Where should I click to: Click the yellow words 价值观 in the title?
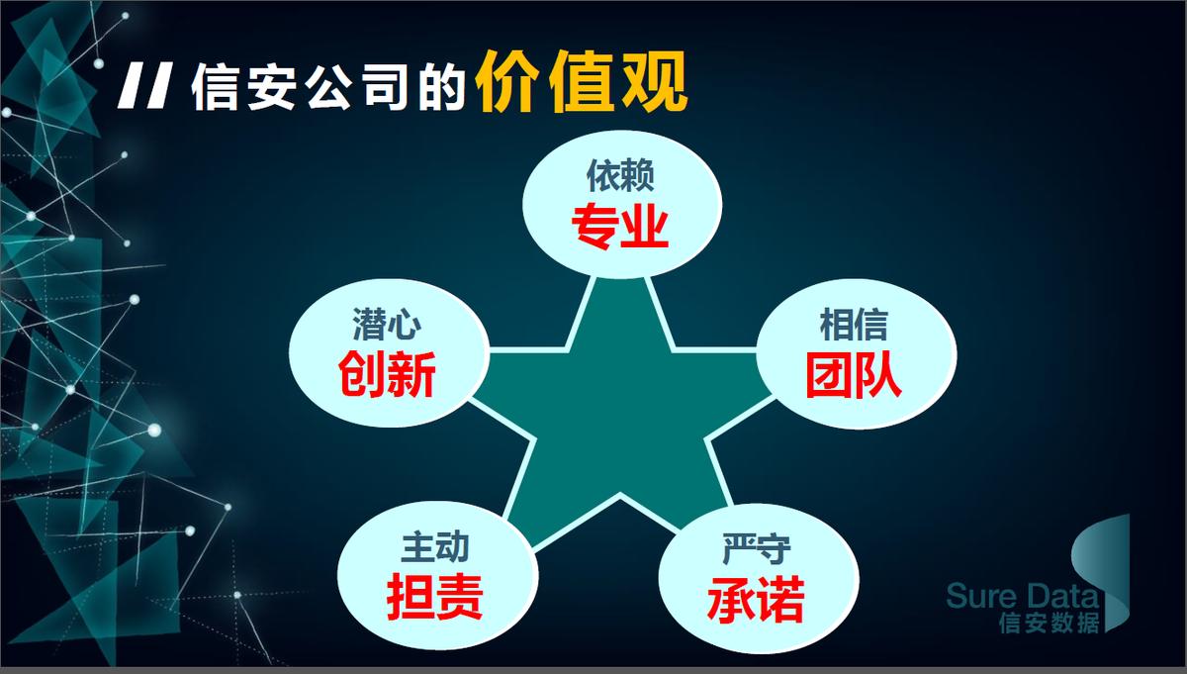(581, 82)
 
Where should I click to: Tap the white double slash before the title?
(145, 86)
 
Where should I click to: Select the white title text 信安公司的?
(328, 87)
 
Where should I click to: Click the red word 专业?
(620, 228)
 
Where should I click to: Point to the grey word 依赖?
(620, 175)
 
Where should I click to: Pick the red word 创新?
(387, 374)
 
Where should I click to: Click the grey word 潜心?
(387, 324)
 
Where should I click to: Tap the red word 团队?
(854, 375)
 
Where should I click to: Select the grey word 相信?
(854, 325)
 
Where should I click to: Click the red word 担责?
(435, 597)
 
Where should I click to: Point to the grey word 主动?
(435, 546)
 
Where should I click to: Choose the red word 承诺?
(756, 599)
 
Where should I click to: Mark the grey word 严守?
(756, 549)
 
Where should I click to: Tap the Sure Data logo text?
(1023, 596)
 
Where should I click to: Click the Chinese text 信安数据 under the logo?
(1049, 623)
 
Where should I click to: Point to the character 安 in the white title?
(271, 87)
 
